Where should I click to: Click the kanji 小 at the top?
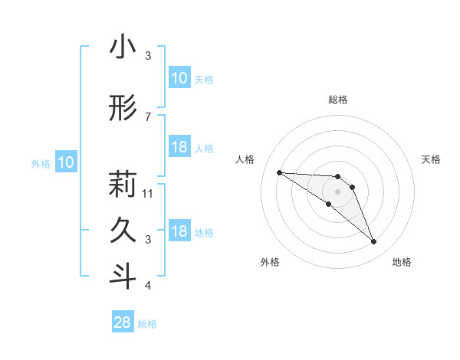(x=123, y=47)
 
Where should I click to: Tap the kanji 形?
(x=123, y=110)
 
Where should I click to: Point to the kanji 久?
(x=123, y=230)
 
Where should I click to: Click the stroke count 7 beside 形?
(x=148, y=116)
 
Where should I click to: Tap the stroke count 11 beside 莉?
(x=149, y=193)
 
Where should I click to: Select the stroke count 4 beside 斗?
(x=148, y=286)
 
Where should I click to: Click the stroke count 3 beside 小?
(x=148, y=56)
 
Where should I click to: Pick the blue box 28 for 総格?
(x=123, y=322)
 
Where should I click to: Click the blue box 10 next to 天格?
(x=179, y=78)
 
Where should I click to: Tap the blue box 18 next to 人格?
(x=179, y=147)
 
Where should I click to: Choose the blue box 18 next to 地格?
(x=179, y=231)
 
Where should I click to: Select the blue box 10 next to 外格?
(x=66, y=162)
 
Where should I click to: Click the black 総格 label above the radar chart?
(x=338, y=100)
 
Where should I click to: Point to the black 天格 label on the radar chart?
(x=431, y=159)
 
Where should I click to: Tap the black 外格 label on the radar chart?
(x=270, y=262)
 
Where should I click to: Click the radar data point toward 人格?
(x=279, y=172)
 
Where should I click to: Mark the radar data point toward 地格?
(x=373, y=242)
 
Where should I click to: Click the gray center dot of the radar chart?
(x=337, y=191)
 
